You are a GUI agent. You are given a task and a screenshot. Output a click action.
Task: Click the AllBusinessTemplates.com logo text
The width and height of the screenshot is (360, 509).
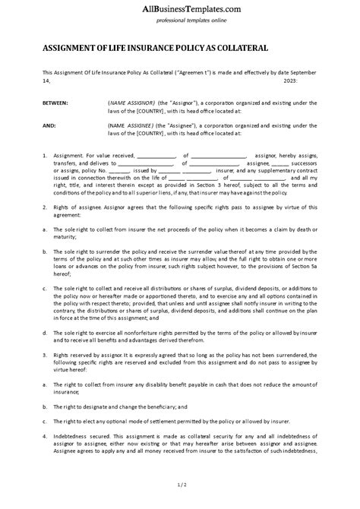coord(179,8)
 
